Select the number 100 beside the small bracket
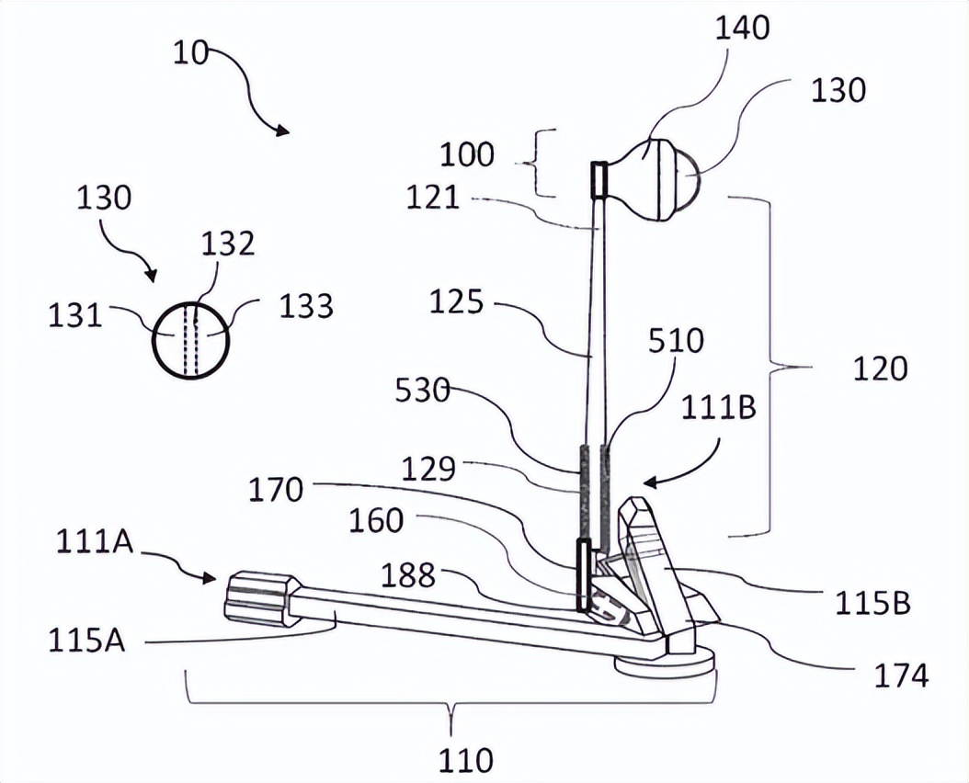click(466, 153)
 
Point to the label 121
click(433, 197)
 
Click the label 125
click(456, 302)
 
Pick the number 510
click(676, 341)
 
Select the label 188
click(409, 575)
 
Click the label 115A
click(87, 641)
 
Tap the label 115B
click(873, 603)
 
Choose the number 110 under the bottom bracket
click(464, 760)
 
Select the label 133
click(306, 305)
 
